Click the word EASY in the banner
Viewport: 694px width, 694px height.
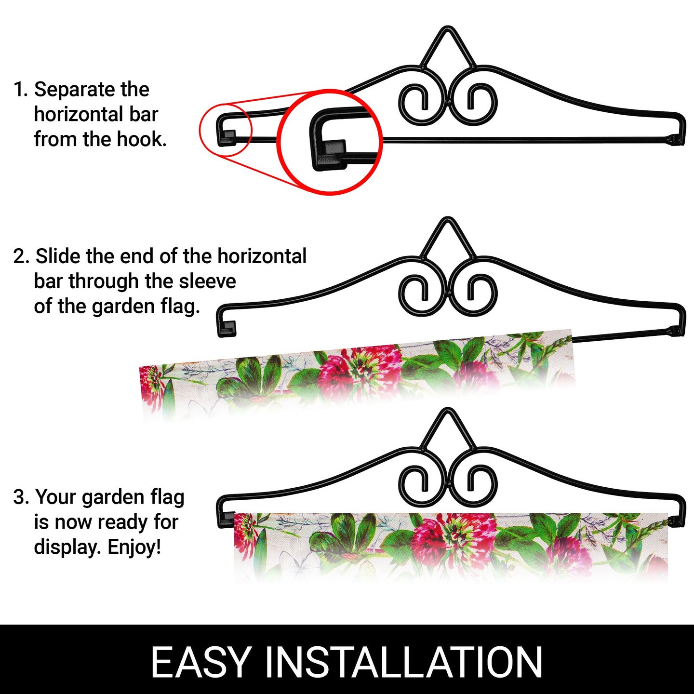[201, 662]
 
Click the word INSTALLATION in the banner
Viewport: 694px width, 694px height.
[404, 662]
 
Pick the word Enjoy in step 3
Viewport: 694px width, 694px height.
[133, 547]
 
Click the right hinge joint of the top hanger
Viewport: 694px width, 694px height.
[676, 139]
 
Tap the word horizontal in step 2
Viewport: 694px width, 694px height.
[262, 256]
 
